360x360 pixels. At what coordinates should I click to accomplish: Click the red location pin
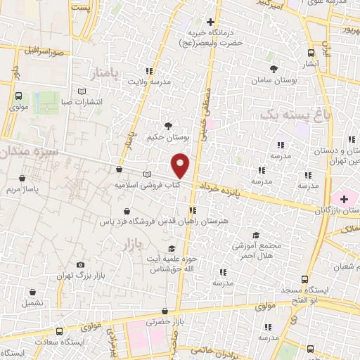pyautogui.click(x=181, y=165)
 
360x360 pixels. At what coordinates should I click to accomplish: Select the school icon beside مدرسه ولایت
pyautogui.click(x=148, y=71)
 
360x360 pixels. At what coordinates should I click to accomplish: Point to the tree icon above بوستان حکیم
pyautogui.click(x=167, y=126)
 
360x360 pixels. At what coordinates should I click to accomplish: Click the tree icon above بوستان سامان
pyautogui.click(x=274, y=69)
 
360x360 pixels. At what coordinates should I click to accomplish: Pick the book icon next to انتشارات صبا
pyautogui.click(x=82, y=91)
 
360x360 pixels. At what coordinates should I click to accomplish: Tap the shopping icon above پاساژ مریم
pyautogui.click(x=25, y=179)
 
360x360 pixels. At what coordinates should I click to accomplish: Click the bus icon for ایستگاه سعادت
pyautogui.click(x=59, y=330)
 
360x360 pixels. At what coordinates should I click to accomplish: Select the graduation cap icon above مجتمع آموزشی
pyautogui.click(x=256, y=236)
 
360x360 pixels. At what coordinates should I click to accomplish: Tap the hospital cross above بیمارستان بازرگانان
pyautogui.click(x=342, y=200)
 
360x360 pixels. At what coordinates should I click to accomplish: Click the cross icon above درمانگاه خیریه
pyautogui.click(x=210, y=22)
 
